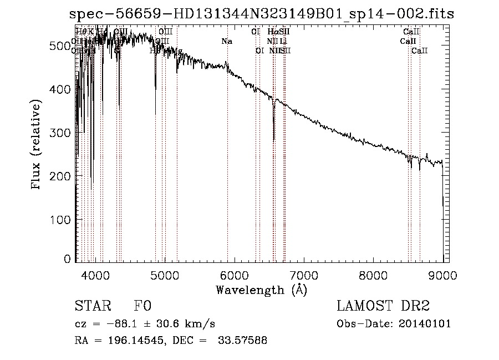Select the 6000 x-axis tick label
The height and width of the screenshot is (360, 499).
(x=235, y=274)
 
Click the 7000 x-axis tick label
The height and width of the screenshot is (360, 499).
(x=304, y=274)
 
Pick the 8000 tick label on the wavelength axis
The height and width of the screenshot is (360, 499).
(x=373, y=274)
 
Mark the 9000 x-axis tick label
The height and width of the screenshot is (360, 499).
(x=442, y=274)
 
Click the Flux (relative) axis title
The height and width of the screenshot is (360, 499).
(x=37, y=145)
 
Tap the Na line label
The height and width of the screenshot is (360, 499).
(x=226, y=41)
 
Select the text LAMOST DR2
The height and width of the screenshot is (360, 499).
(x=383, y=307)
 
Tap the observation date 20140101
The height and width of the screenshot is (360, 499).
(x=425, y=324)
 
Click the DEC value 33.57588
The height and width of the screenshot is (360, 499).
(x=242, y=341)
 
